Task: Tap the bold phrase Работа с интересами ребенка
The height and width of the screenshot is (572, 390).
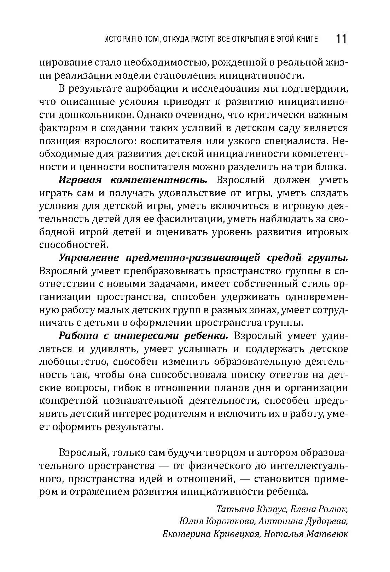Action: [x=144, y=336]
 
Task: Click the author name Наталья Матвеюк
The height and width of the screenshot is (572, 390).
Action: [x=306, y=534]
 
